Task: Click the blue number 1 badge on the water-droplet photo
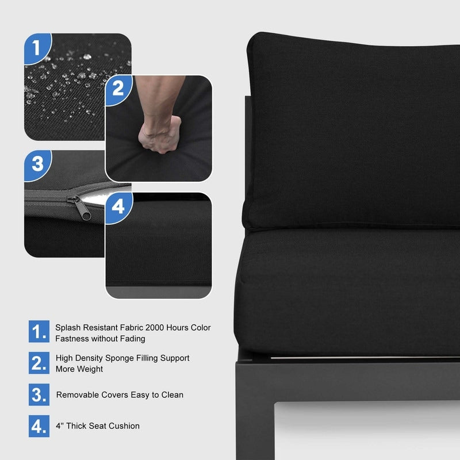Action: pyautogui.click(x=37, y=48)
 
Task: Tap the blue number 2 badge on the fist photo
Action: pyautogui.click(x=118, y=89)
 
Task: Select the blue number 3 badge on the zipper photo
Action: pyautogui.click(x=37, y=164)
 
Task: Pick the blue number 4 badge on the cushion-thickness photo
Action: pyautogui.click(x=118, y=207)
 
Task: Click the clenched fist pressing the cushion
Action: pyautogui.click(x=159, y=135)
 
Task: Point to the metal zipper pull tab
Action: pyautogui.click(x=79, y=208)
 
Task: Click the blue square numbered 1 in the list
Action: pyautogui.click(x=39, y=332)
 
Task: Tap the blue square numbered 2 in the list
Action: pyautogui.click(x=39, y=363)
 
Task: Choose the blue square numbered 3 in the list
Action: pyautogui.click(x=39, y=394)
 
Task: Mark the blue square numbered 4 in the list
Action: pyautogui.click(x=39, y=426)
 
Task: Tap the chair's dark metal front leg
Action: pyautogui.click(x=255, y=411)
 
